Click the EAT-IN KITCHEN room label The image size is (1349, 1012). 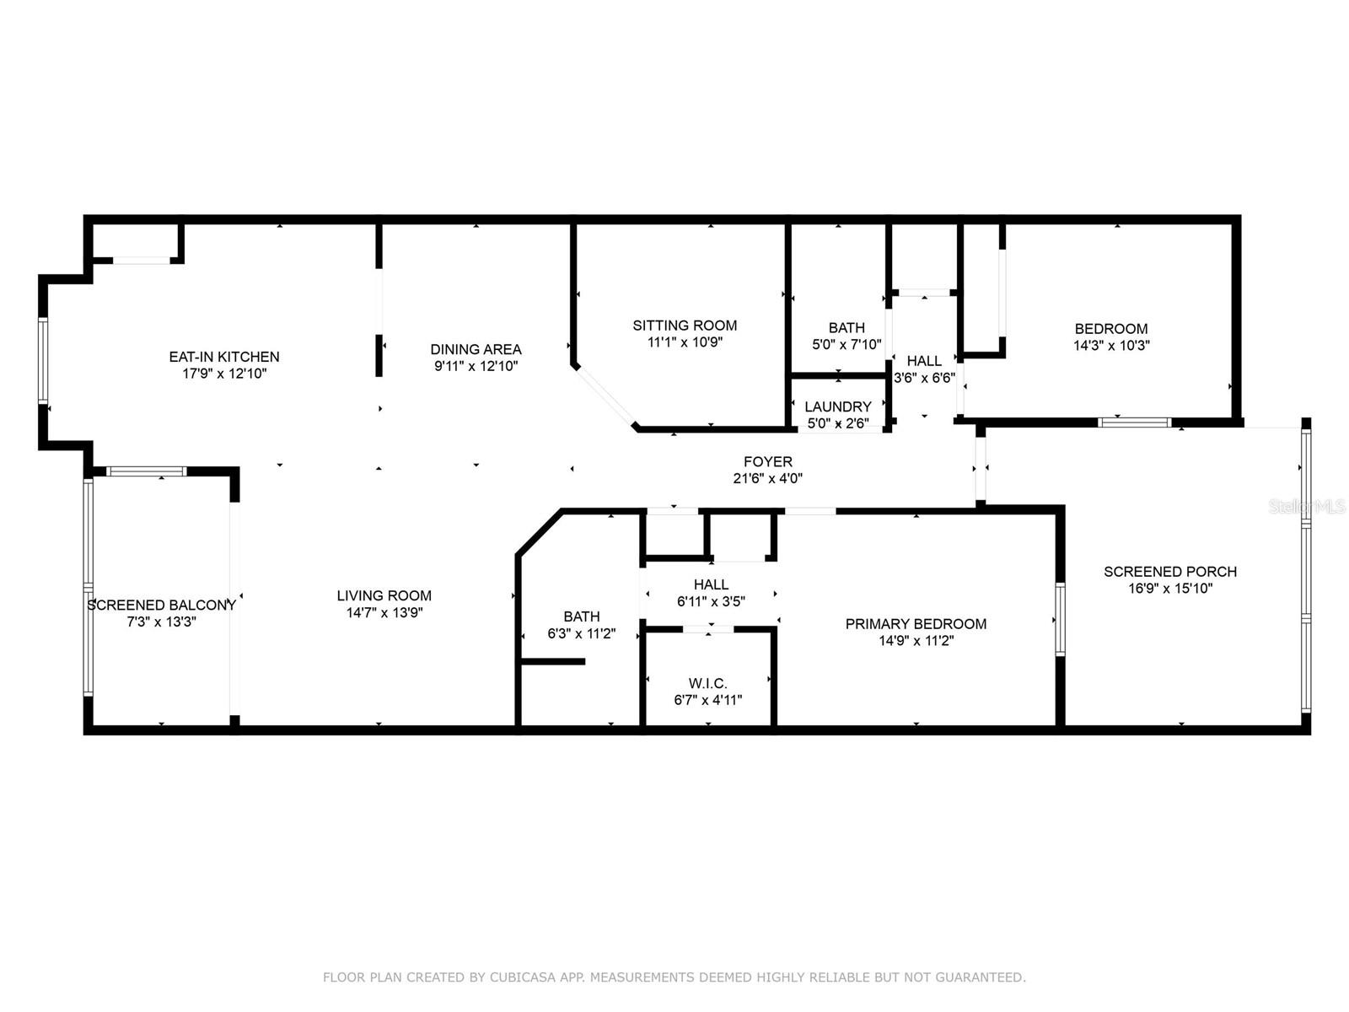click(224, 357)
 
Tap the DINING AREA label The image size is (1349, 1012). click(476, 349)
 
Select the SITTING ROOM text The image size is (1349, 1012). click(685, 325)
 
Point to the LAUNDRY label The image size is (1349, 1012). click(838, 406)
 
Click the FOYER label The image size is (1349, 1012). click(767, 461)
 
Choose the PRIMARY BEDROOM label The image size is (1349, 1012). click(916, 624)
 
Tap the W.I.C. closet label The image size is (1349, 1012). click(707, 682)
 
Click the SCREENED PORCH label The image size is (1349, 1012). click(1170, 572)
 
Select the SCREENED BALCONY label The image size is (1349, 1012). click(162, 605)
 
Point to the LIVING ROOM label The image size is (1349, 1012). click(384, 595)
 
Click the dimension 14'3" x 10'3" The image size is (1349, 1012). click(1111, 345)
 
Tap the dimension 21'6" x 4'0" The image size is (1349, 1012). click(767, 478)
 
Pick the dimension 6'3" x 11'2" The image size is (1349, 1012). click(582, 632)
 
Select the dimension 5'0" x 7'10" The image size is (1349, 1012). click(846, 344)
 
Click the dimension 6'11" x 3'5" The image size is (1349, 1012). click(711, 601)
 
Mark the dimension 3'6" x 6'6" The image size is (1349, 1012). click(924, 377)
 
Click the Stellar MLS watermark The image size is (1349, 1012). click(1307, 507)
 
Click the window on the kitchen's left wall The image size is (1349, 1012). click(43, 360)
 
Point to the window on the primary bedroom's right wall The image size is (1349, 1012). click(1060, 619)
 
